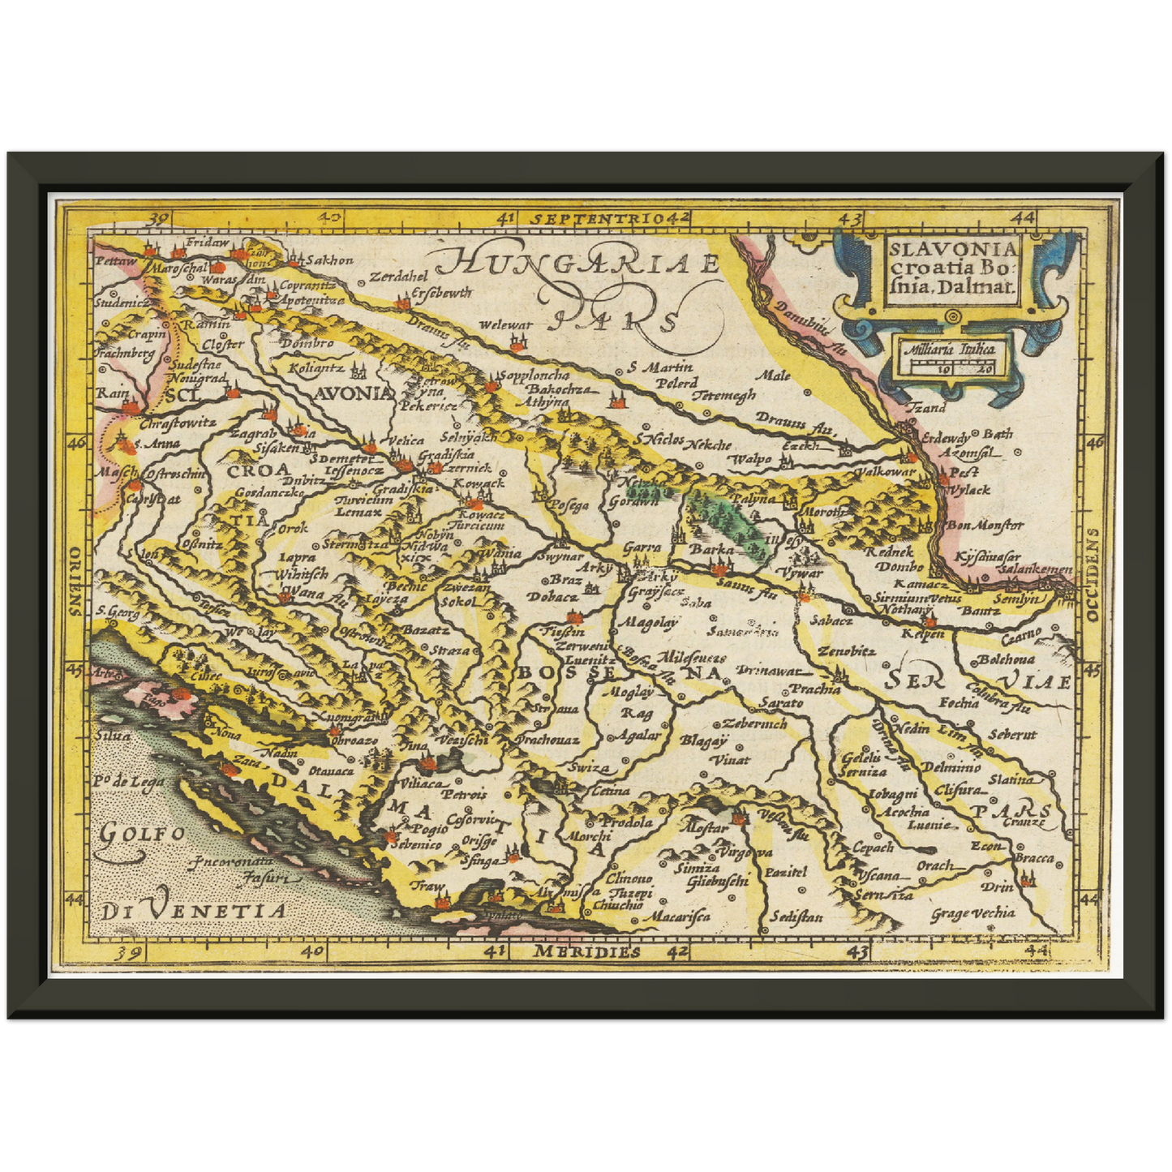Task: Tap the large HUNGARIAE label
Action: pyautogui.click(x=576, y=264)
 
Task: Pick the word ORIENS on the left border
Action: pyautogui.click(x=75, y=581)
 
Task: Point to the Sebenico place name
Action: pyautogui.click(x=416, y=844)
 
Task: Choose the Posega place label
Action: pyautogui.click(x=569, y=505)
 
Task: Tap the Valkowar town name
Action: pyautogui.click(x=886, y=471)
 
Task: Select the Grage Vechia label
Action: pyautogui.click(x=972, y=914)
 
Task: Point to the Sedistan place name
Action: pyautogui.click(x=796, y=917)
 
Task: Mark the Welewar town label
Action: pyautogui.click(x=505, y=325)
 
